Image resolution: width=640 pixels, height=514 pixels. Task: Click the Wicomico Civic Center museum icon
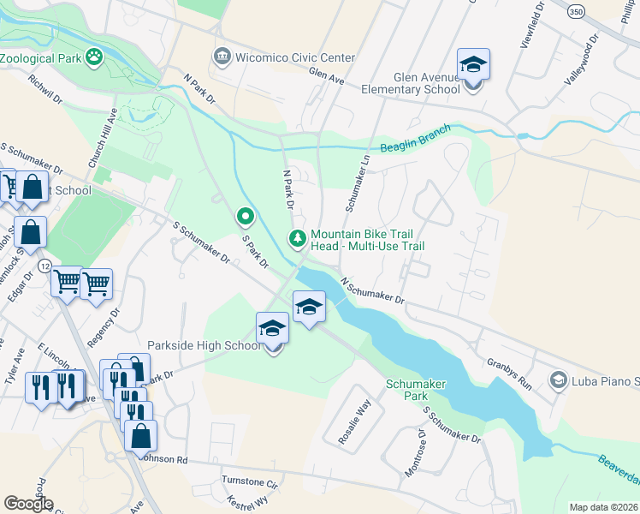[222, 57]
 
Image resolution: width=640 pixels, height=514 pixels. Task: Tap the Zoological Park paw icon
[95, 58]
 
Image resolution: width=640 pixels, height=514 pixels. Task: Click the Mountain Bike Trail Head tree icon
[298, 239]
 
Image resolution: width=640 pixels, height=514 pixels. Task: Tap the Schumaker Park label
[416, 390]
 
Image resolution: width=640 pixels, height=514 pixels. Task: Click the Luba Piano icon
[559, 380]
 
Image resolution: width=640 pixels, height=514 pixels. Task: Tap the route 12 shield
[43, 266]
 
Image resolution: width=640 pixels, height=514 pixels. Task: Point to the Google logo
[28, 504]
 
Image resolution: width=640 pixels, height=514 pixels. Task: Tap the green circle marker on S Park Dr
[246, 216]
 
